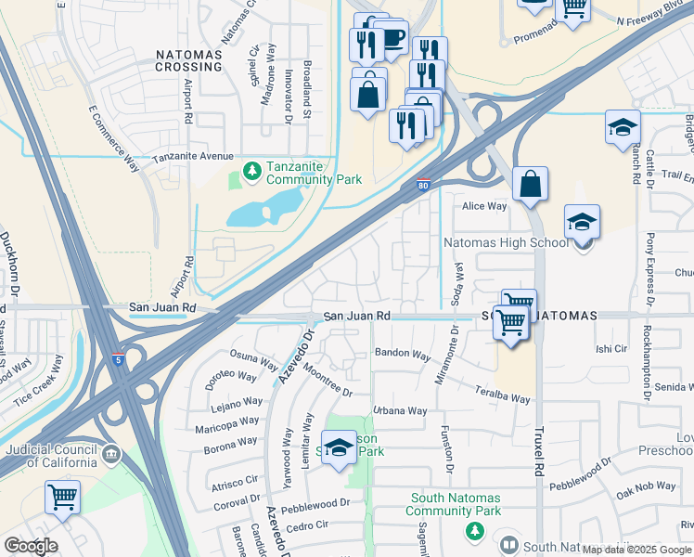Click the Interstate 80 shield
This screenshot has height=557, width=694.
(x=423, y=187)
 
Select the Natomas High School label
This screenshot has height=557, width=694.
(x=506, y=242)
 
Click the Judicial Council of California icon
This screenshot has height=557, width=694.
(x=111, y=454)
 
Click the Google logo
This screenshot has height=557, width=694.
(x=31, y=546)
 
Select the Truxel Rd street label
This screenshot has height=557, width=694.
(x=539, y=453)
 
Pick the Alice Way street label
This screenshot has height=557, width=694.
(x=485, y=207)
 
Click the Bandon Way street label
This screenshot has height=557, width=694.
(x=403, y=355)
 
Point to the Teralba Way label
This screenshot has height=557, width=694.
(x=504, y=395)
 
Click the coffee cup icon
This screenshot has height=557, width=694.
(x=392, y=38)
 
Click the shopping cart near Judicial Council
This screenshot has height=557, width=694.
(x=62, y=496)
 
